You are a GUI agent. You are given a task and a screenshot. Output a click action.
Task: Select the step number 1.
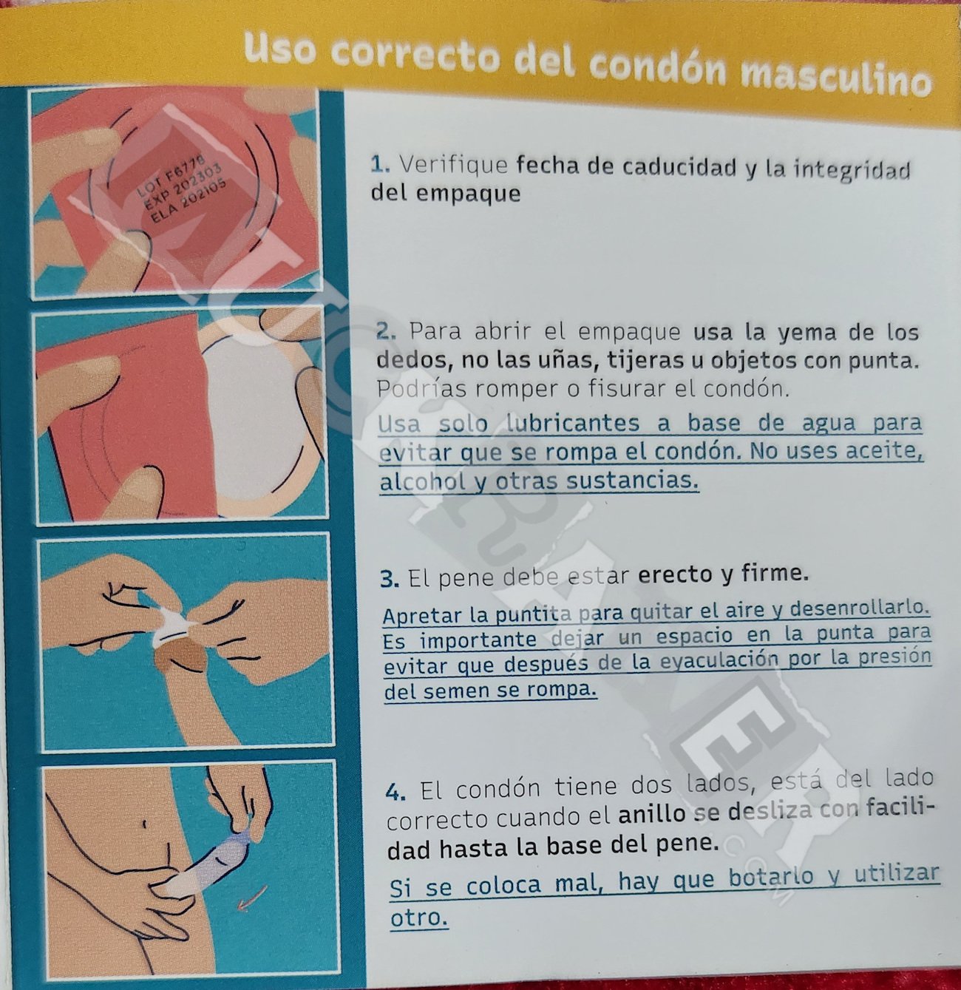pos(379,164)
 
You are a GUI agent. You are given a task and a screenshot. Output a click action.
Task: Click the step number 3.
pos(390,578)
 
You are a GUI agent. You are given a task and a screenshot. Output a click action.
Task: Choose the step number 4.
pos(395,793)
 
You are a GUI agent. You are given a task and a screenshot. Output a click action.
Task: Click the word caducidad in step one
pos(662,167)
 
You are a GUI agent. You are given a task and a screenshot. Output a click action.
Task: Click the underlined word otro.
pos(419,918)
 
